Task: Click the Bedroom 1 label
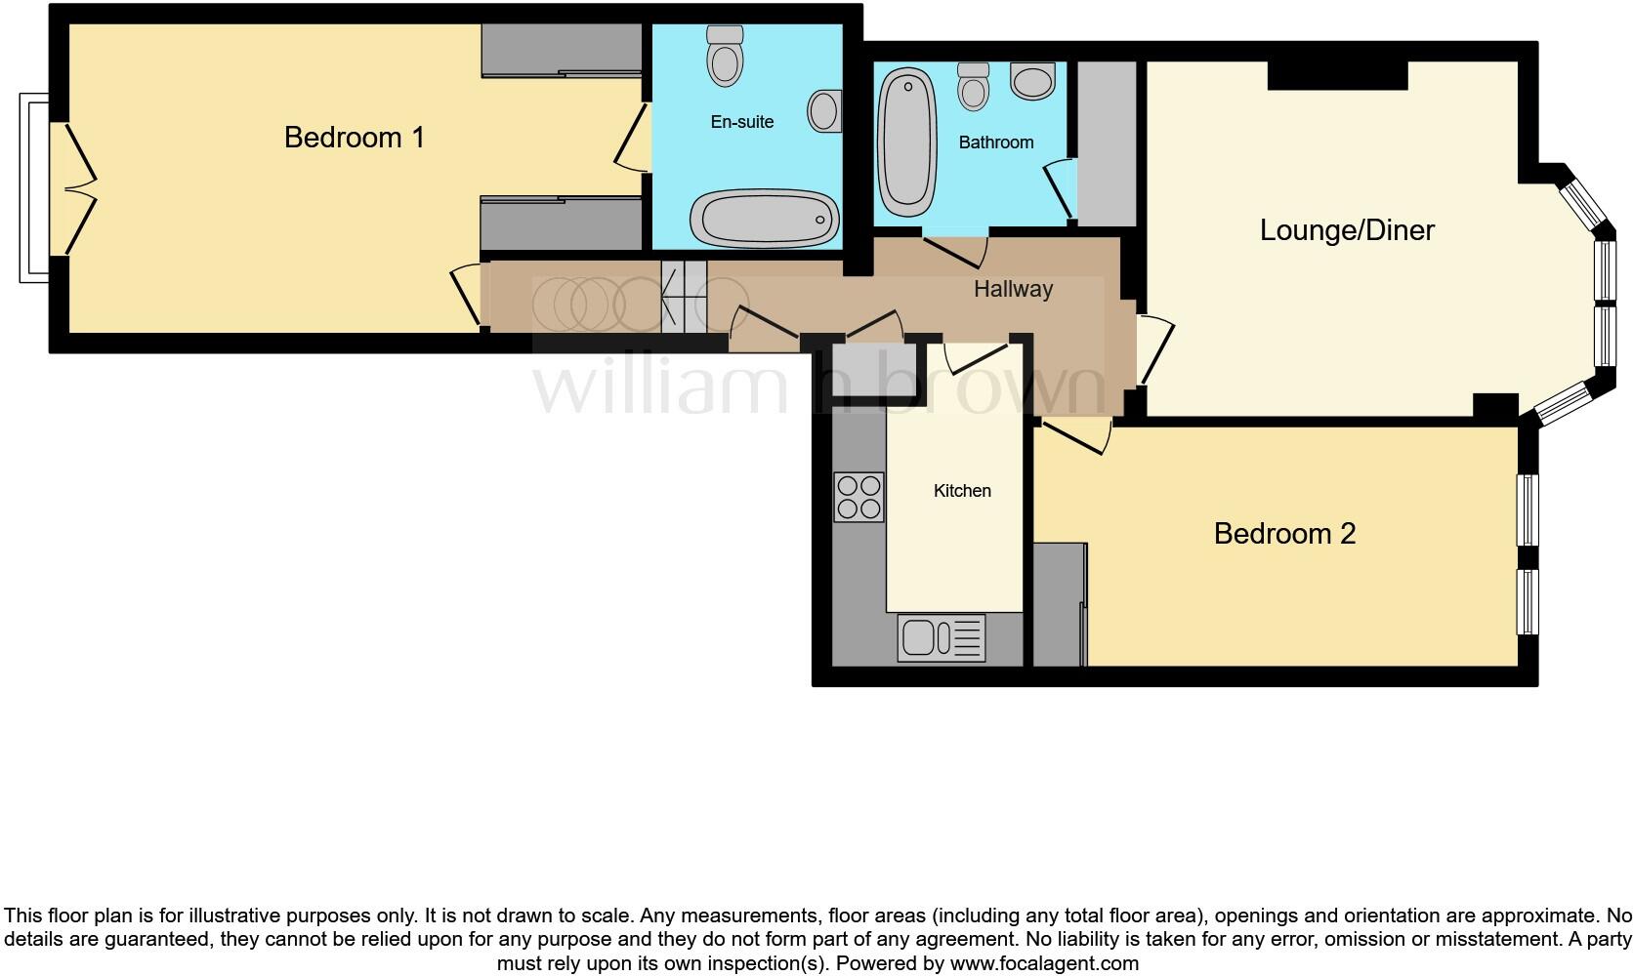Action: click(x=355, y=138)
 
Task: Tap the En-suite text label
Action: click(x=742, y=122)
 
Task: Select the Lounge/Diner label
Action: click(x=1347, y=230)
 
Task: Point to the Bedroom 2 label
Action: click(x=1284, y=534)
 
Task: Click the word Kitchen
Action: click(x=962, y=491)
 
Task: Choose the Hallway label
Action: click(x=1013, y=289)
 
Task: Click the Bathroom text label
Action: click(x=995, y=142)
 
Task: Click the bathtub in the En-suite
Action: click(x=765, y=217)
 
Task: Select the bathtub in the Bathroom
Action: click(x=906, y=142)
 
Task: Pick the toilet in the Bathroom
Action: click(x=973, y=86)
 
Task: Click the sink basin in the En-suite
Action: click(x=824, y=111)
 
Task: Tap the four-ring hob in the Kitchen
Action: click(x=858, y=497)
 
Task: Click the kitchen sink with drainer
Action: click(x=942, y=638)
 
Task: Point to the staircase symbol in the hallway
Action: click(x=684, y=297)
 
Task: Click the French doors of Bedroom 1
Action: click(x=74, y=188)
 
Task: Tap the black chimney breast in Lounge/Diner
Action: click(x=1337, y=74)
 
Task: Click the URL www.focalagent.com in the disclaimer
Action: click(x=1044, y=963)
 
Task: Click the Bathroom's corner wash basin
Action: click(x=1033, y=81)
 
